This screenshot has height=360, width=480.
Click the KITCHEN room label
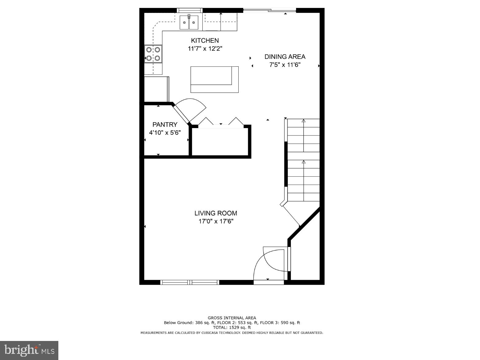pyautogui.click(x=205, y=41)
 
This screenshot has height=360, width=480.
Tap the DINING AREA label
pyautogui.click(x=285, y=57)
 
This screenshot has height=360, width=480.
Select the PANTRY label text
pyautogui.click(x=165, y=124)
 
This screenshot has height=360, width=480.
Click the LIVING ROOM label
pyautogui.click(x=216, y=213)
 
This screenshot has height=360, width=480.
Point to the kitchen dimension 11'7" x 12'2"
pyautogui.click(x=205, y=49)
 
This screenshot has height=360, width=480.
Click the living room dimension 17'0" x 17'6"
pyautogui.click(x=216, y=221)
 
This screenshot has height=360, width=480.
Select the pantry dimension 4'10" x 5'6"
pyautogui.click(x=165, y=133)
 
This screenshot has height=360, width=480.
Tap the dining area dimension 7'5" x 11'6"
pyautogui.click(x=285, y=65)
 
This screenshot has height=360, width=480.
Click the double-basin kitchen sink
pyautogui.click(x=189, y=22)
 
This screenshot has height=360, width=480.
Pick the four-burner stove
pyautogui.click(x=153, y=54)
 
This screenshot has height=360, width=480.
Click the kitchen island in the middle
pyautogui.click(x=214, y=79)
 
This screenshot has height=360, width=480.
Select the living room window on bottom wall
pyautogui.click(x=190, y=282)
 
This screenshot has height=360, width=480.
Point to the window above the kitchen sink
pyautogui.click(x=190, y=10)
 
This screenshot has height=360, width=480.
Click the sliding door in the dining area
pyautogui.click(x=269, y=11)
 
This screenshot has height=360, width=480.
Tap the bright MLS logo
pyautogui.click(x=29, y=350)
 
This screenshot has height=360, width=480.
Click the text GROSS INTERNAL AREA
pyautogui.click(x=232, y=318)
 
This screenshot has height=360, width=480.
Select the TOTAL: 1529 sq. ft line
pyautogui.click(x=232, y=327)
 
